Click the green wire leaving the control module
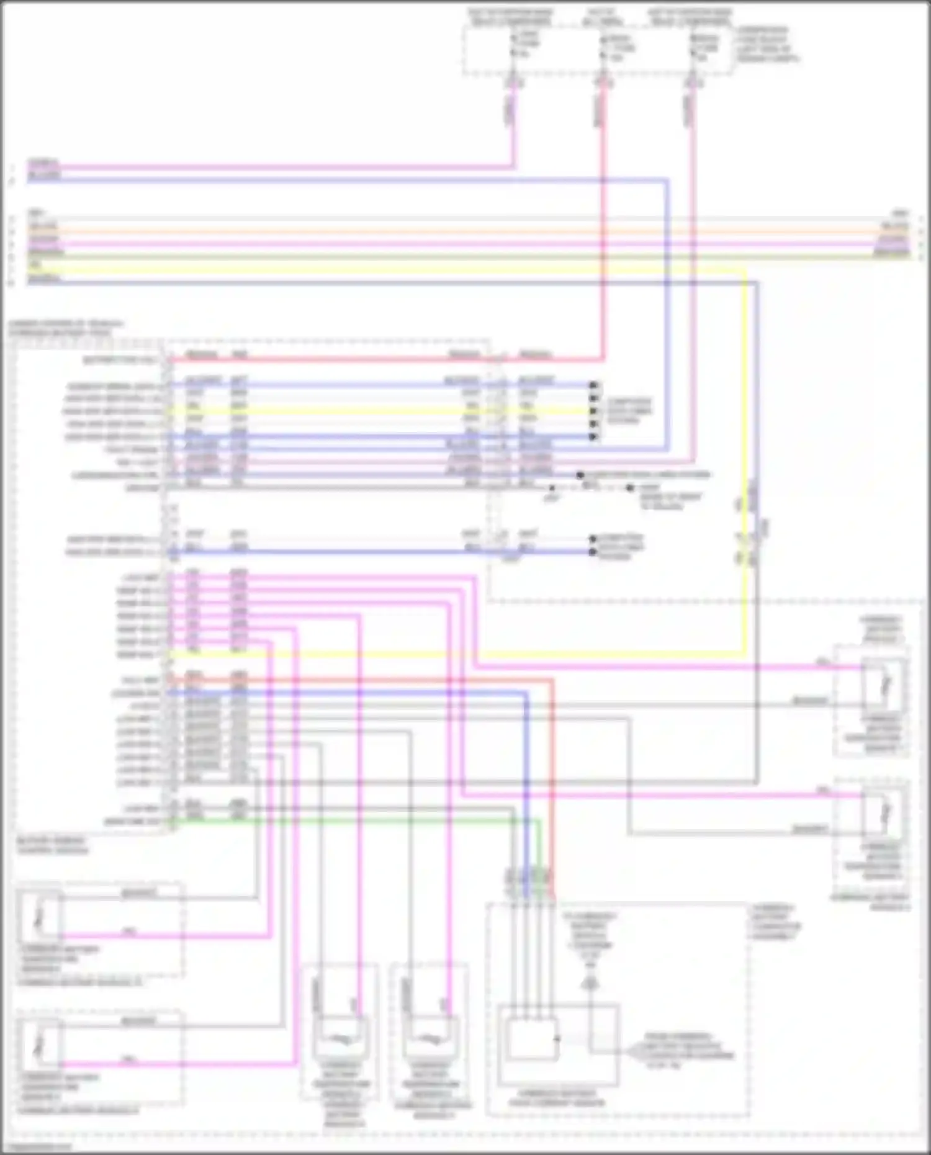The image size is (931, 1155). (x=372, y=821)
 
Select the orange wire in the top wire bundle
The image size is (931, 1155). (x=434, y=231)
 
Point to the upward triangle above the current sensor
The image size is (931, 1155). (x=590, y=984)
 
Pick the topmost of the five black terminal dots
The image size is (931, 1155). (x=593, y=385)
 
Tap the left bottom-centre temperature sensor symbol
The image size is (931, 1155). (x=340, y=1038)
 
